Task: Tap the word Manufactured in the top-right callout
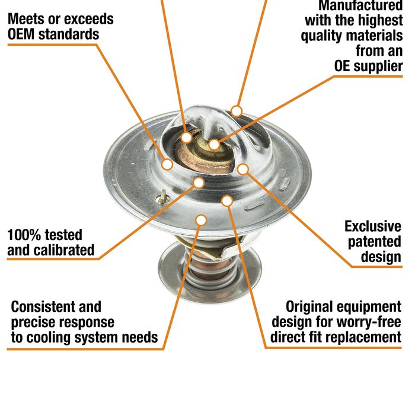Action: click(x=360, y=5)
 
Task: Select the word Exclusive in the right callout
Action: click(x=373, y=226)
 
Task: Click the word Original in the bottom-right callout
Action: click(x=309, y=307)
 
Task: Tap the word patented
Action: click(x=374, y=242)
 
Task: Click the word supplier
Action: click(x=378, y=66)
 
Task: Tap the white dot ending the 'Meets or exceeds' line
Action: click(x=167, y=164)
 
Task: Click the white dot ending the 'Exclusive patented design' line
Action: click(x=243, y=169)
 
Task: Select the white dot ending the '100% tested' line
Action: click(x=199, y=183)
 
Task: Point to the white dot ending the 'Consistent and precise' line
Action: click(x=201, y=220)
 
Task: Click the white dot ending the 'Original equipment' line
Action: click(x=227, y=201)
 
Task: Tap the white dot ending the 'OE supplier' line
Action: click(x=214, y=145)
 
